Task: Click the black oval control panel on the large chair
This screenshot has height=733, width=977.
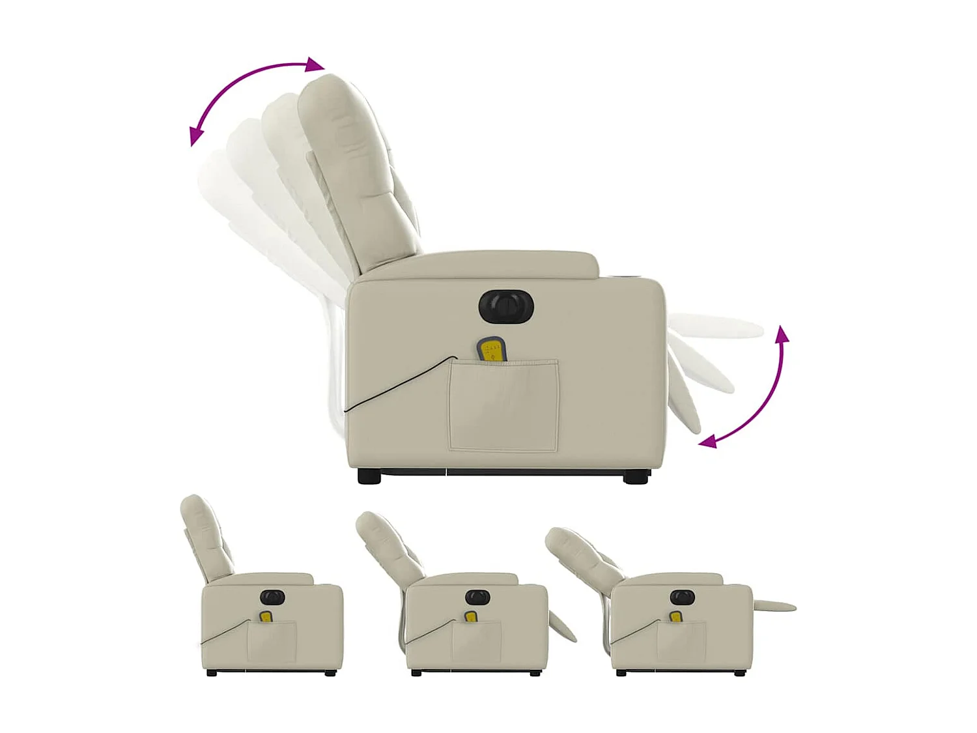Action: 506,306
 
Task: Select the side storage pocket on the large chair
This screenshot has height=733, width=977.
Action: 503,406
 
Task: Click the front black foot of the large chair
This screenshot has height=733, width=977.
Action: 636,478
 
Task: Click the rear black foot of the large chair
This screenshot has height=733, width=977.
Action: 369,476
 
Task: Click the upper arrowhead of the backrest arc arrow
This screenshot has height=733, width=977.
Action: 315,65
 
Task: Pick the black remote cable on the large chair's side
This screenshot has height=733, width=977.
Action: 397,384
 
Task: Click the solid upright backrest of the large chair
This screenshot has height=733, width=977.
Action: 358,169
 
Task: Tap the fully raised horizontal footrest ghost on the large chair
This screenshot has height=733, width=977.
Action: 716,325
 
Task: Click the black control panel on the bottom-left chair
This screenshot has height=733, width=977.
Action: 273,597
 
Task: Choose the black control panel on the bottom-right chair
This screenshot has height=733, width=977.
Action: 682,597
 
